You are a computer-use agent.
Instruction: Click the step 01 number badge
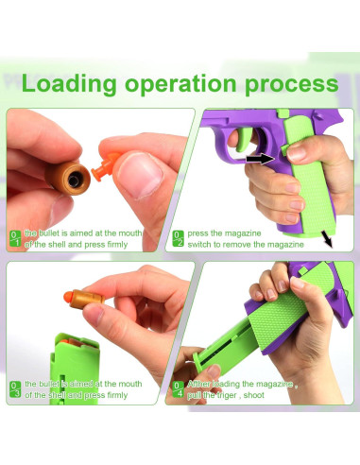pyautogui.click(x=15, y=238)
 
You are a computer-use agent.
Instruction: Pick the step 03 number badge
pyautogui.click(x=15, y=389)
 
